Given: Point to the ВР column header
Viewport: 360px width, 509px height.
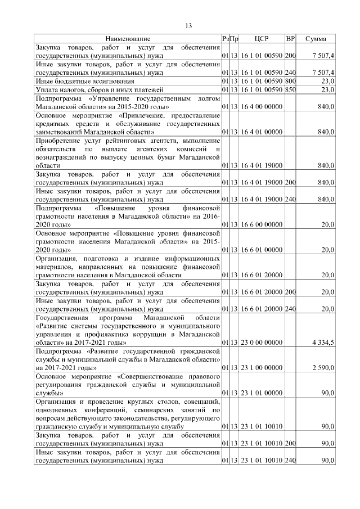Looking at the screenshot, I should tap(290, 39).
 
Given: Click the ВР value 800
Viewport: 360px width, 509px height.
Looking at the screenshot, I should tap(290, 81).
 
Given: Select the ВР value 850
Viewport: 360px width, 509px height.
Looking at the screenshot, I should tap(290, 89).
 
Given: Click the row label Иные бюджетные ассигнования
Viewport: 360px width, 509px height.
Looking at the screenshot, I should tap(78, 81).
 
